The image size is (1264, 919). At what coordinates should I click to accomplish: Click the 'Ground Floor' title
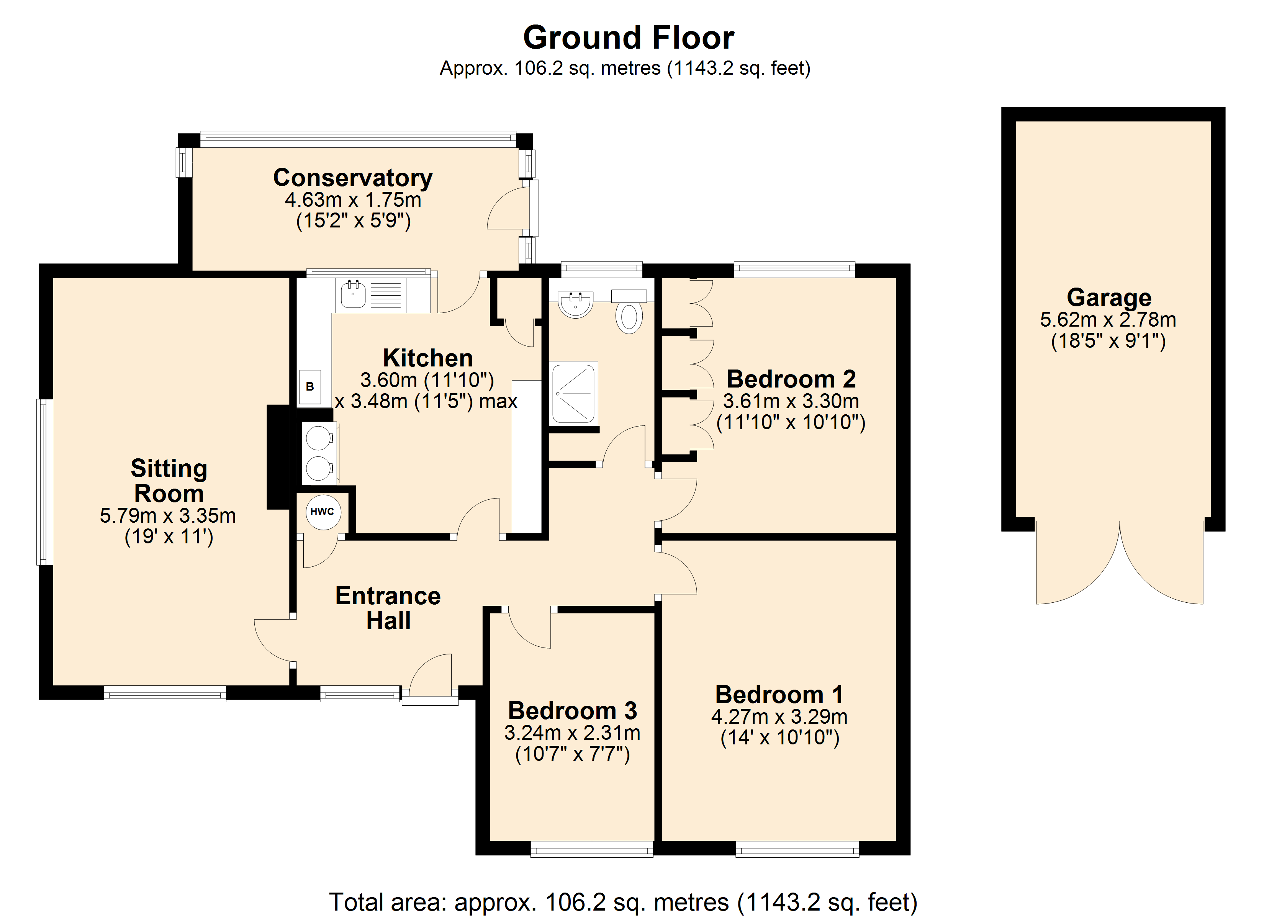point(628,38)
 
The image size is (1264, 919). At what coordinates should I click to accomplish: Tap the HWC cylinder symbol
point(323,512)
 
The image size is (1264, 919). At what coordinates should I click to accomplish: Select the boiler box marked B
point(310,387)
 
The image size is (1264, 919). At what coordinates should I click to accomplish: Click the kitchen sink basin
point(353,294)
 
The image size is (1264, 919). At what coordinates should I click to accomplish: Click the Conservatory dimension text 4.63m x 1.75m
point(353,199)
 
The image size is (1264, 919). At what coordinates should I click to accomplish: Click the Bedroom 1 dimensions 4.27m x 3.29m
point(779,717)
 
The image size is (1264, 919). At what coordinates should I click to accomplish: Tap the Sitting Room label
point(169,481)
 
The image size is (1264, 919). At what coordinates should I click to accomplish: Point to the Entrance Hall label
point(388,608)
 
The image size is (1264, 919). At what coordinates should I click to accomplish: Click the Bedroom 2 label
point(791,379)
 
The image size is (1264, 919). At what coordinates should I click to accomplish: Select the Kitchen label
point(428,358)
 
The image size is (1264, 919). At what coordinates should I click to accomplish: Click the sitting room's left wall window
point(44,482)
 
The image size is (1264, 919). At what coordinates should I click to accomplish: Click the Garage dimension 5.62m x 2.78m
point(1108,320)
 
